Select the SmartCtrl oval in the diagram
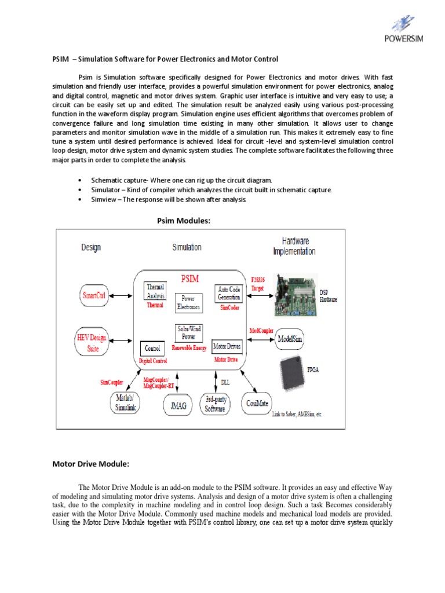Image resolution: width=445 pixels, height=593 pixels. click(93, 295)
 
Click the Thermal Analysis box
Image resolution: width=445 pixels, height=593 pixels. click(156, 291)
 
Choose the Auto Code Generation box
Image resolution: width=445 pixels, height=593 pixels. click(229, 292)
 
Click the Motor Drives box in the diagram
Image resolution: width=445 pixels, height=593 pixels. click(227, 347)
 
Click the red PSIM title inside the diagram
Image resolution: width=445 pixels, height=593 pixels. click(191, 279)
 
